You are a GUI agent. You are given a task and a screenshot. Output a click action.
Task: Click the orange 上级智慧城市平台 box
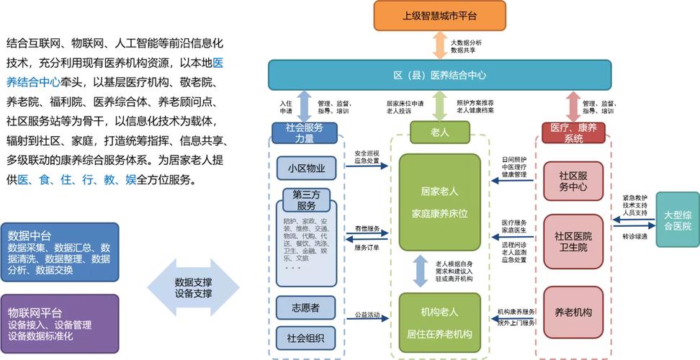[439, 15]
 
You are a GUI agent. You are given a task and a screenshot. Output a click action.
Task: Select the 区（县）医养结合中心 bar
[439, 75]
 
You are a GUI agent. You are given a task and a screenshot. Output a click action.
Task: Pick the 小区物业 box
[306, 168]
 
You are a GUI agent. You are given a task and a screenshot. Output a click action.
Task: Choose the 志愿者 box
[306, 307]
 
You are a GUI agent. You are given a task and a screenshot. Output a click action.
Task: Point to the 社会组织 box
[306, 337]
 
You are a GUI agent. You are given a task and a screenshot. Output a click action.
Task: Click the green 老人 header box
[439, 132]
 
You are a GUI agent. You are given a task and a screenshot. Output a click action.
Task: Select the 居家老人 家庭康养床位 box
[439, 202]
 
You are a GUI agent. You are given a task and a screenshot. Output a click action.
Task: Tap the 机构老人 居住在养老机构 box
[439, 323]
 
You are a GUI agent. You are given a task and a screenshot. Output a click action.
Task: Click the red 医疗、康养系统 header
[573, 133]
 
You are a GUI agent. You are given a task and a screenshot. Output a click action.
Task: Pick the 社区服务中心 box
[573, 181]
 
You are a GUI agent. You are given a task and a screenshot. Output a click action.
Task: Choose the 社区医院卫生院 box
[573, 241]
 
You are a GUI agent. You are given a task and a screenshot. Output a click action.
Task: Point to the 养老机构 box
[573, 312]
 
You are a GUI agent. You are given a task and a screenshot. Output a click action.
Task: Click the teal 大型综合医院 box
[677, 220]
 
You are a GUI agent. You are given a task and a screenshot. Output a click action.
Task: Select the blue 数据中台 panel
[60, 252]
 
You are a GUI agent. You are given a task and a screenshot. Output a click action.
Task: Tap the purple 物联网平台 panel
[60, 324]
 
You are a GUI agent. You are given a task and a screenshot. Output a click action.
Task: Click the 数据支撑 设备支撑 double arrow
[193, 288]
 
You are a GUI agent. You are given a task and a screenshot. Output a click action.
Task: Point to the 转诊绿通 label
[634, 236]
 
